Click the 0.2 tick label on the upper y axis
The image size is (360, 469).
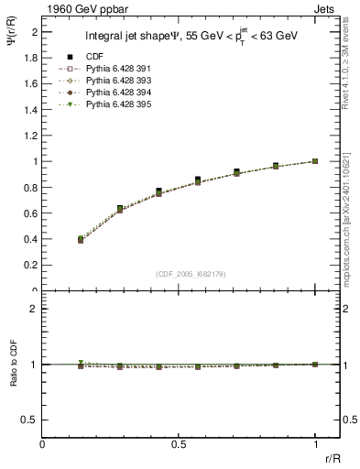click(31, 266)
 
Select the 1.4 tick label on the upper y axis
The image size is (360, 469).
click(31, 109)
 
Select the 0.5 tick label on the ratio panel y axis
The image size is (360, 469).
click(31, 420)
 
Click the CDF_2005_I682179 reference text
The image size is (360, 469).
click(190, 274)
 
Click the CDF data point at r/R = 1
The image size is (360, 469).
click(315, 161)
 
